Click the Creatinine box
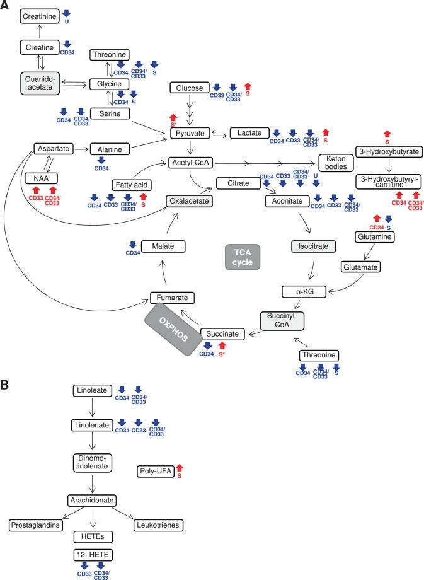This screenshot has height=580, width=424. click(39, 16)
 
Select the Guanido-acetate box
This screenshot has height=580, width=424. click(40, 83)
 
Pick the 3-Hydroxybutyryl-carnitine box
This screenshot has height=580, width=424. click(389, 181)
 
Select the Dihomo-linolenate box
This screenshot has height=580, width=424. click(93, 461)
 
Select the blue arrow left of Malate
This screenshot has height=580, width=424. click(133, 245)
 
